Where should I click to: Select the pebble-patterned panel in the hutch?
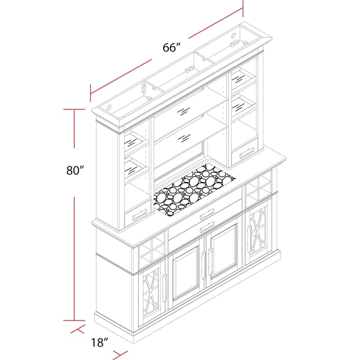click(193, 189)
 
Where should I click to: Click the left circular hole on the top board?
click(110, 108)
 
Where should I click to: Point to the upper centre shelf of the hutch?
click(189, 110)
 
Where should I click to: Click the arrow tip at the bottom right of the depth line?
click(121, 353)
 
